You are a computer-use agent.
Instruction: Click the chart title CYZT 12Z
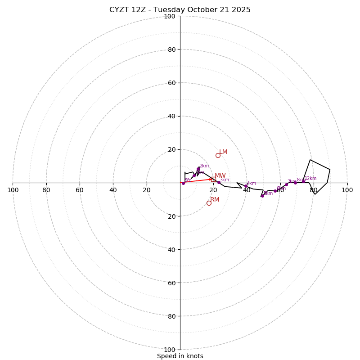180,10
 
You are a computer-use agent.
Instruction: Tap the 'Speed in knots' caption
180,356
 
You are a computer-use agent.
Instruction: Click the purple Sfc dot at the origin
183,183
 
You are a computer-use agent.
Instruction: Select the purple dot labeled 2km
198,169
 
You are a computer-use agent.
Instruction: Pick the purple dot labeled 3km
219,182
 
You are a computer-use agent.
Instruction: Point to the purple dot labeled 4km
246,186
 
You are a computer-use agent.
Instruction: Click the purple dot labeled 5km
262,196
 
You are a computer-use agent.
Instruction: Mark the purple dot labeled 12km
303,181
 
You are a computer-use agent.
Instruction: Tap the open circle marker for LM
218,155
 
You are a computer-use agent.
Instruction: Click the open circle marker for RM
209,203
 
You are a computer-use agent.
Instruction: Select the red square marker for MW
212,179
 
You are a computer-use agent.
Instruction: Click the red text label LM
223,152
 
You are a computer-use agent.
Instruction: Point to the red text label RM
215,200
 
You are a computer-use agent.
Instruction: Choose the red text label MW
220,176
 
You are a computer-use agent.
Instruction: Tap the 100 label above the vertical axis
170,17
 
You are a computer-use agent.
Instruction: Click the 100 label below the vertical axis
170,350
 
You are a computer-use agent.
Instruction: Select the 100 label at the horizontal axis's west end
13,190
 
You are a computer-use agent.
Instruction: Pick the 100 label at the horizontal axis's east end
347,190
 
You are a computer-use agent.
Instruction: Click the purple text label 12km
310,179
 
